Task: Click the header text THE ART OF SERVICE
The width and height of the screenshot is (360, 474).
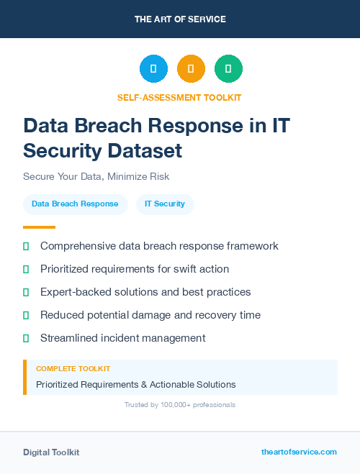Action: tap(180, 19)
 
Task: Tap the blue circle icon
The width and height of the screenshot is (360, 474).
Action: tap(153, 68)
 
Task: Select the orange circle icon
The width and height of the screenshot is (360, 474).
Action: tap(191, 68)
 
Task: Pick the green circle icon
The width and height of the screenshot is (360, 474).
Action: tap(228, 68)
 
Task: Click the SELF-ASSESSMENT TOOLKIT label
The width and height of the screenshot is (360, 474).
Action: tap(180, 97)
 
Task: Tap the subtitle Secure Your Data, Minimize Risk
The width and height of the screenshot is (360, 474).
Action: tap(96, 176)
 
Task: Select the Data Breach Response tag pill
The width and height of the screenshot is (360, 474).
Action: tap(75, 204)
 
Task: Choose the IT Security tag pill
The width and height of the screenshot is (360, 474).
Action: tap(165, 204)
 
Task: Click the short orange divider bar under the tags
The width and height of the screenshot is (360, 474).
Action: tap(39, 227)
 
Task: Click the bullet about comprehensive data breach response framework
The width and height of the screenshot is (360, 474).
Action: tap(159, 246)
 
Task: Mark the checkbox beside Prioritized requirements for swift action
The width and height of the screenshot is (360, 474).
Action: tap(26, 269)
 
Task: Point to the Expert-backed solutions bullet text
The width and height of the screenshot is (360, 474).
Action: tap(145, 292)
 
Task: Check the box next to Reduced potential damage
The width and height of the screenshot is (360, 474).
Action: tap(26, 315)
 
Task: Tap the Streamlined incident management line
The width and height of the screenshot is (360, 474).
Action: tap(123, 338)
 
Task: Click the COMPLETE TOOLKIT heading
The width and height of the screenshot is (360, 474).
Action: tap(73, 368)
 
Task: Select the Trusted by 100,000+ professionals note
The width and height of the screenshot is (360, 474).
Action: tap(180, 405)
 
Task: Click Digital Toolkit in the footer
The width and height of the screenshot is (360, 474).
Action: tap(51, 452)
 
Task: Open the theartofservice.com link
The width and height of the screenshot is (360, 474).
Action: tap(299, 452)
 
